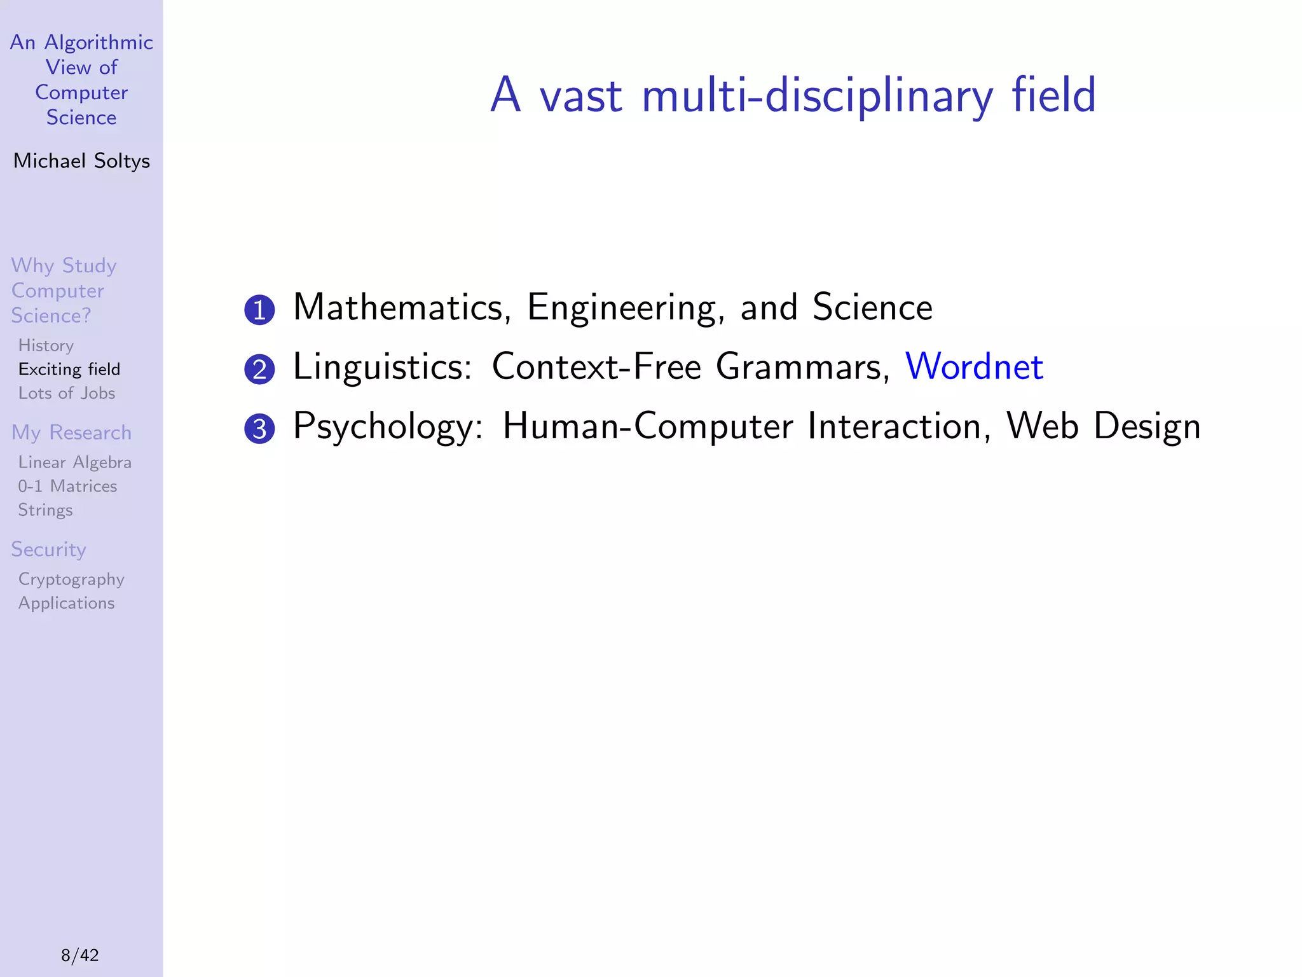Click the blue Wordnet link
pyautogui.click(x=973, y=367)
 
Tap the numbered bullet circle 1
pyautogui.click(x=259, y=310)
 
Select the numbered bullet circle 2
pyautogui.click(x=259, y=370)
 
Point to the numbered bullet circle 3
pyautogui.click(x=259, y=429)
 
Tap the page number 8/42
pyautogui.click(x=80, y=955)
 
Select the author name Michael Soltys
pyautogui.click(x=81, y=161)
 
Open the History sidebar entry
pyautogui.click(x=46, y=345)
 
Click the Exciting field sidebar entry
pyautogui.click(x=69, y=370)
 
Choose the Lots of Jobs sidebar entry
pyautogui.click(x=67, y=393)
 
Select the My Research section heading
pyautogui.click(x=71, y=433)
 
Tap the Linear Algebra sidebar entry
pyautogui.click(x=75, y=462)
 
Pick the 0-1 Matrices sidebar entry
pyautogui.click(x=67, y=486)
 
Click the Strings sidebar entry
pyautogui.click(x=45, y=510)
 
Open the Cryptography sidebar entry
pyautogui.click(x=71, y=579)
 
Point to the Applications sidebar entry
pyautogui.click(x=67, y=603)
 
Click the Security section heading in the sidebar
pyautogui.click(x=48, y=550)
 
